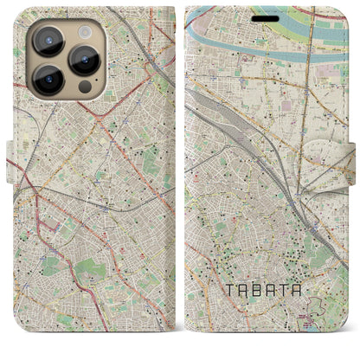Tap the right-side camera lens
84,59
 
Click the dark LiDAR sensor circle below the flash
84,87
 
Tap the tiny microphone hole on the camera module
69,59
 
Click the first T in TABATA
234,291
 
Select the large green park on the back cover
87,270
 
